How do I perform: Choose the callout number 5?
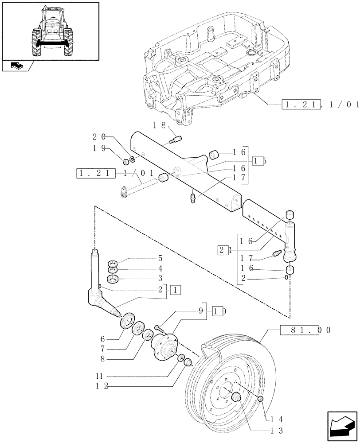[147, 258]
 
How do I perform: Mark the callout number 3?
[147, 279]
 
